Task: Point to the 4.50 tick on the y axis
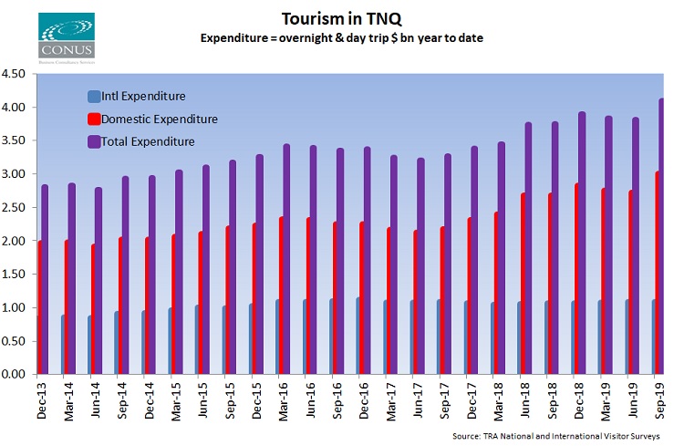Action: (x=16, y=75)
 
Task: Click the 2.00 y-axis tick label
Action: (x=16, y=241)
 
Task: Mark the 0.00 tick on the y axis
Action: (x=16, y=374)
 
